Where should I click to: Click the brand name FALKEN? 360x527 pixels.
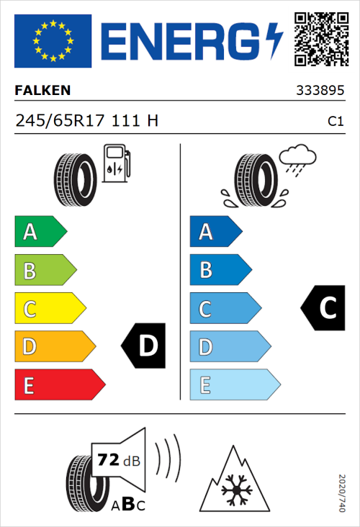(42, 90)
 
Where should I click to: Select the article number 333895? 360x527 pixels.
(319, 91)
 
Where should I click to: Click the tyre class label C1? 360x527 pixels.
(335, 122)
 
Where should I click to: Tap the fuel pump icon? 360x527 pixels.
(116, 163)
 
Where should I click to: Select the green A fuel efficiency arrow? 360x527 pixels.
(40, 232)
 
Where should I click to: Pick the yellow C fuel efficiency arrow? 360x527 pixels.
(49, 309)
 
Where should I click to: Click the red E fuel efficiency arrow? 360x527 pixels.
(59, 385)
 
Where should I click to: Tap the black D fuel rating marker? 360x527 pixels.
(144, 346)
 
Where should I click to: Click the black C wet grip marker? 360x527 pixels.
(323, 308)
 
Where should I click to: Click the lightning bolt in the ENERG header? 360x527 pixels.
(274, 41)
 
